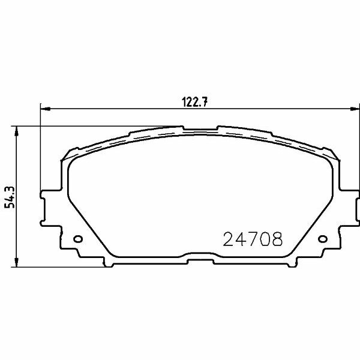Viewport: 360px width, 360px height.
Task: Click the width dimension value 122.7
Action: coord(194,101)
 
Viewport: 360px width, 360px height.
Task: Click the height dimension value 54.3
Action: coord(9,196)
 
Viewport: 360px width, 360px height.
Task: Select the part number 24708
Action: coord(253,241)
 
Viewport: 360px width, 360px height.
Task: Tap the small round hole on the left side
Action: coord(77,240)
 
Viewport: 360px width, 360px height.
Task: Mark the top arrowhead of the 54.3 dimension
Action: coord(17,129)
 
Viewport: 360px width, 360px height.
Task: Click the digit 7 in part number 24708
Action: coord(253,241)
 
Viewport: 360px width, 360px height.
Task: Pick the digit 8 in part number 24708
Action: coord(276,241)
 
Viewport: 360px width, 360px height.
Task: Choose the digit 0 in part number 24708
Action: coord(265,241)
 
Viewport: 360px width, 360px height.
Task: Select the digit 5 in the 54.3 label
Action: coord(9,205)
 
